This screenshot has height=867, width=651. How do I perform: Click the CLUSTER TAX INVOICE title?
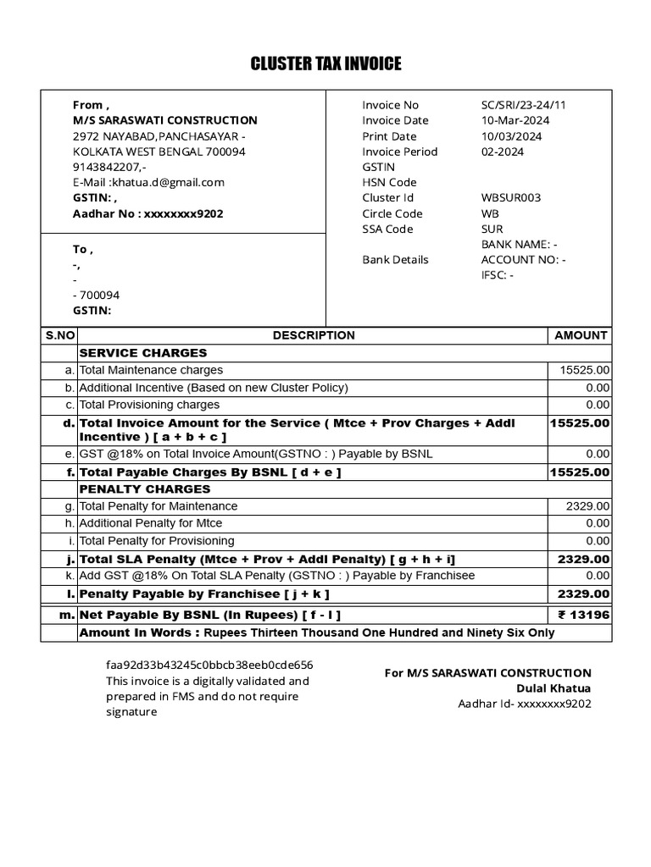325,64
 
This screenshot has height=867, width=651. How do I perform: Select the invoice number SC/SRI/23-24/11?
523,105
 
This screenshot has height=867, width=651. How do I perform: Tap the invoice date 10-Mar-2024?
515,120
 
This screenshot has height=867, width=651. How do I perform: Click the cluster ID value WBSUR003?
510,198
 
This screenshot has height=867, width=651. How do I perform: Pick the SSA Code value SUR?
492,229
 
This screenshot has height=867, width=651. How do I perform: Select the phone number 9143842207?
108,167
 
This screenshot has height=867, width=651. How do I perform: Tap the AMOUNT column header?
581,335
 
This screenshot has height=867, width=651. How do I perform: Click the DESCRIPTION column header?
314,335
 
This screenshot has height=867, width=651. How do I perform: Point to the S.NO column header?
59,335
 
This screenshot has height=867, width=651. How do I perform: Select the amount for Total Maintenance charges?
584,370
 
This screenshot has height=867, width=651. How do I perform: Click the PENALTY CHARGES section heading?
144,489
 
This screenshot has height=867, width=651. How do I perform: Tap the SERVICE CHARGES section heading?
142,353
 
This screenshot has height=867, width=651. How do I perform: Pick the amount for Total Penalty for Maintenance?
587,506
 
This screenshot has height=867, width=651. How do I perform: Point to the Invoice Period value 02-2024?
502,152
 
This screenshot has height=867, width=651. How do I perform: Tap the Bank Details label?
395,260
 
